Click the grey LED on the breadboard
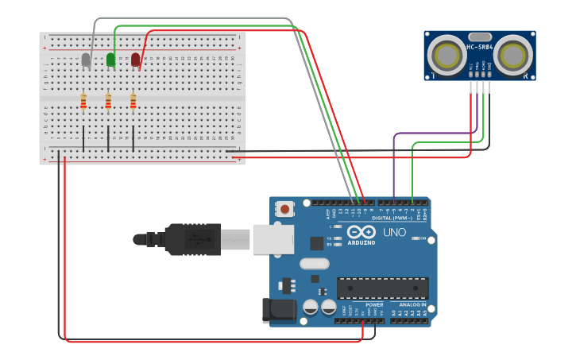click(x=86, y=60)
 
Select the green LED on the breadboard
click(x=110, y=60)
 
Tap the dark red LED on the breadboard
click(x=135, y=60)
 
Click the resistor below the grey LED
click(x=83, y=101)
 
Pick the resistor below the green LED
click(x=108, y=101)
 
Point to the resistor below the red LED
click(x=133, y=101)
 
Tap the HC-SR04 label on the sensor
click(x=480, y=47)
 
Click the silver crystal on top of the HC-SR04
click(x=480, y=37)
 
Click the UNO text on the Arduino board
click(x=395, y=232)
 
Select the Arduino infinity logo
click(x=361, y=231)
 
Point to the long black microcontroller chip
click(x=382, y=288)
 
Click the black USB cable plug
click(x=191, y=239)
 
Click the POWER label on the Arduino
click(x=374, y=304)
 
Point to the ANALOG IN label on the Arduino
click(x=412, y=304)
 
